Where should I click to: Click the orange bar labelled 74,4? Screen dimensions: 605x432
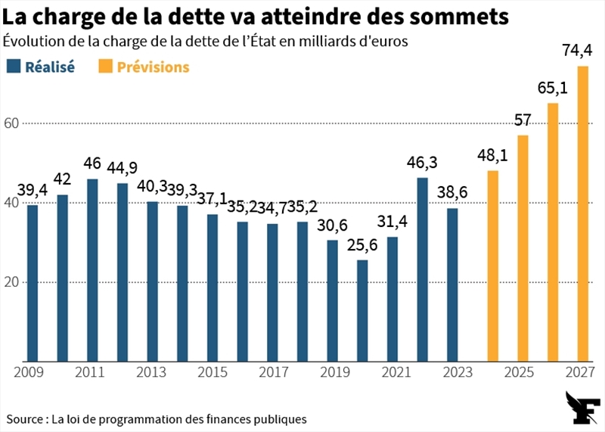click(582, 214)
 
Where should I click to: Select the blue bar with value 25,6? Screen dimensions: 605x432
click(362, 311)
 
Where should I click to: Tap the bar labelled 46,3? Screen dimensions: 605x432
click(423, 269)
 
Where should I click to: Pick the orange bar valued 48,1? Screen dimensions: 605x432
click(493, 266)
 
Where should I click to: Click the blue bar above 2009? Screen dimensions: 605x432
click(33, 284)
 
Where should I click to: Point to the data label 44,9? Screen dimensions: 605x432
click(122, 168)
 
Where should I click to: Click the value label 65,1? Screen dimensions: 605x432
click(553, 89)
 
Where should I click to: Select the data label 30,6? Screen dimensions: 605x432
click(332, 225)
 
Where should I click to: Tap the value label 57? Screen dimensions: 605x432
click(523, 120)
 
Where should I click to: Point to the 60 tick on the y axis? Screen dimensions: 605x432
click(11, 123)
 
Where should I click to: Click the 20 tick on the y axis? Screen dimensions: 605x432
click(11, 282)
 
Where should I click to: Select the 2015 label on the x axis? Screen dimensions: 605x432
click(213, 372)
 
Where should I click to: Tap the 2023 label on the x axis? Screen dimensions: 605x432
click(458, 372)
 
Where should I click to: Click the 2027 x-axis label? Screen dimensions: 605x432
click(580, 372)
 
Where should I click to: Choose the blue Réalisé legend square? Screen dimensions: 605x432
click(14, 66)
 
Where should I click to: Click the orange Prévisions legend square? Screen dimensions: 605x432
click(105, 66)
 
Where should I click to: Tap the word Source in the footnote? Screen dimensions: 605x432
click(25, 419)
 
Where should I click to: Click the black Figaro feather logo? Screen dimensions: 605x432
click(582, 408)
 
